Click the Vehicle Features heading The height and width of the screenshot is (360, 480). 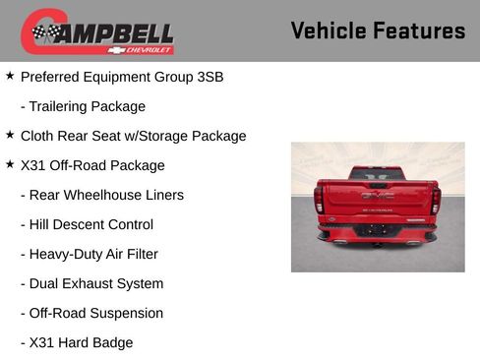(x=378, y=30)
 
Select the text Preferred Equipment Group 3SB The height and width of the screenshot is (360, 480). (x=122, y=77)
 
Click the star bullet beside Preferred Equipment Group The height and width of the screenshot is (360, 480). (x=10, y=76)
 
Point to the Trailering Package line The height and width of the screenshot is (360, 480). (x=83, y=106)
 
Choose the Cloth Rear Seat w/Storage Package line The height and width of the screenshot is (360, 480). (x=133, y=136)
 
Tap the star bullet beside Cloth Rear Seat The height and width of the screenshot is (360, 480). (x=10, y=135)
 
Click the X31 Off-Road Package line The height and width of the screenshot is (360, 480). (x=92, y=165)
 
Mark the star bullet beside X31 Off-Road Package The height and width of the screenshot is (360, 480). (x=10, y=164)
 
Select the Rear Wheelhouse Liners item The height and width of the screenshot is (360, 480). (x=101, y=195)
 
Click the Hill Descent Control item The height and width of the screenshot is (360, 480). (x=87, y=224)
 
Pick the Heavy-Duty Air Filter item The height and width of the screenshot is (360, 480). (x=89, y=254)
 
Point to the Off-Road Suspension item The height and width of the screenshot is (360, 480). (x=91, y=313)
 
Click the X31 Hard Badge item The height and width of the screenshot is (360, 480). (x=76, y=342)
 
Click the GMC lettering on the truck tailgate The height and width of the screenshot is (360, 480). (x=377, y=197)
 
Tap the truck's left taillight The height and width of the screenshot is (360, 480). (x=319, y=201)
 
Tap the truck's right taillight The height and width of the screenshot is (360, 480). (x=435, y=201)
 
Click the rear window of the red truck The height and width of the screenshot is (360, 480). (x=377, y=174)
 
